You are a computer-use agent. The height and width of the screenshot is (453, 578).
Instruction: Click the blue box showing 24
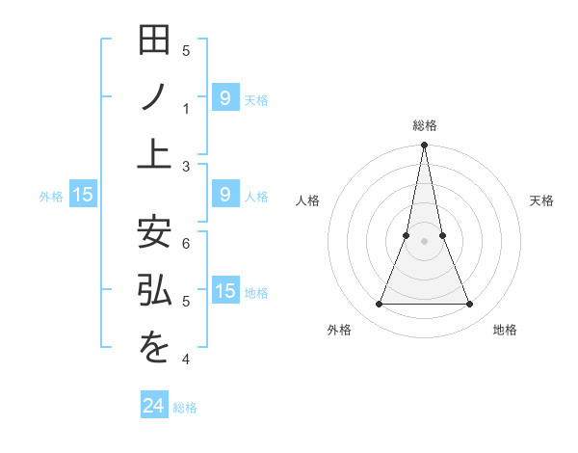[154, 406]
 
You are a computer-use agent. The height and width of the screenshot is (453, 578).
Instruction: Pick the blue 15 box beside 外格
[83, 195]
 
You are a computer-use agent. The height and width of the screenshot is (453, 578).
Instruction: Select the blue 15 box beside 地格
[225, 291]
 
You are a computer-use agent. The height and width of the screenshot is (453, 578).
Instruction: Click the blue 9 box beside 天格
[225, 97]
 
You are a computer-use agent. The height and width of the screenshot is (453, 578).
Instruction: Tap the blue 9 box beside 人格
[225, 195]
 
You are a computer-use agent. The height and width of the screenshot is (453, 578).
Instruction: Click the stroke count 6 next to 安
[186, 244]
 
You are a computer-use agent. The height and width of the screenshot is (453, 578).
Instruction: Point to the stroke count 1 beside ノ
[186, 108]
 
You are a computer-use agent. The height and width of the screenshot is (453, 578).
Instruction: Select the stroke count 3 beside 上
[186, 167]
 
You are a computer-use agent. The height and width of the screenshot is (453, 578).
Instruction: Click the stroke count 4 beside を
[186, 360]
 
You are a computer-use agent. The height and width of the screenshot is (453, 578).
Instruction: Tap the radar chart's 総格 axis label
[425, 125]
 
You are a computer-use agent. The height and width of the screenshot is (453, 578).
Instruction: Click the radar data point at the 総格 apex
[425, 146]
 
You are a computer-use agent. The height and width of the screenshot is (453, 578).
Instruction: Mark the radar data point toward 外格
[379, 305]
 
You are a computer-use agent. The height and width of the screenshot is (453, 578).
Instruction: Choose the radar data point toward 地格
[470, 305]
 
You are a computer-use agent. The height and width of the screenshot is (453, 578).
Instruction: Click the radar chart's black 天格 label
[541, 200]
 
